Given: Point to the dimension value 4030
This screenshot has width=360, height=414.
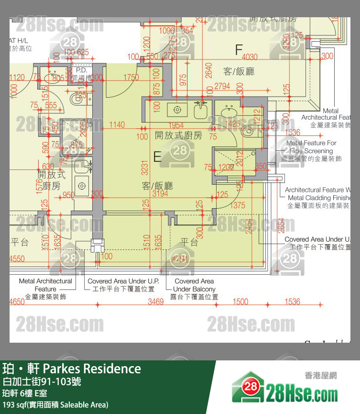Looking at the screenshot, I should click(x=247, y=57).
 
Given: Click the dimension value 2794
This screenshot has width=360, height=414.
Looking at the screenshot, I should click(x=222, y=87).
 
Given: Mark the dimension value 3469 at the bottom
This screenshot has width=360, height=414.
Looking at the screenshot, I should click(x=155, y=302).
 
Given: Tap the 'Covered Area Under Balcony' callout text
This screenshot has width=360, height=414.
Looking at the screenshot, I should click(x=194, y=289).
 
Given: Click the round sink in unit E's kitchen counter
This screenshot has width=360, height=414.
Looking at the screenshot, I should click(x=177, y=110).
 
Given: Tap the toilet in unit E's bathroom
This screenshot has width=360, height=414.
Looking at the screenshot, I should click(x=248, y=131).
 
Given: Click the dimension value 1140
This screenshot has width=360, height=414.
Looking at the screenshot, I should click(x=117, y=125).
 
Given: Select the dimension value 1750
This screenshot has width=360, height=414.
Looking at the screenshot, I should click(x=131, y=78).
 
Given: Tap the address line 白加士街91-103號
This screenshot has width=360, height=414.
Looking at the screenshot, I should click(x=42, y=381).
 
